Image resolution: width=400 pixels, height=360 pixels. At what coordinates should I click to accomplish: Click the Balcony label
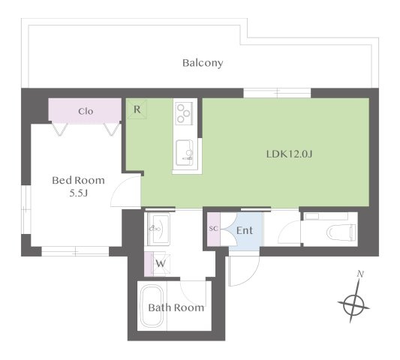(x=203, y=63)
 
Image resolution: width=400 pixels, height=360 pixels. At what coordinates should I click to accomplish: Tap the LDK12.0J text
(x=289, y=154)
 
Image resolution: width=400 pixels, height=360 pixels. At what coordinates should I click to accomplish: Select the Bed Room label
(x=78, y=181)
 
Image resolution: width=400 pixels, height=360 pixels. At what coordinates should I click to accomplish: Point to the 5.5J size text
(x=79, y=193)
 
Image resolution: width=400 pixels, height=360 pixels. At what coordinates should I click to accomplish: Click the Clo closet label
(x=86, y=112)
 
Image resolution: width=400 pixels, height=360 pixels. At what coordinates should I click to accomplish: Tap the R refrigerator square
(x=137, y=109)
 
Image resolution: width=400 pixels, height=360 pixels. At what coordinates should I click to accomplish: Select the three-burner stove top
(x=184, y=113)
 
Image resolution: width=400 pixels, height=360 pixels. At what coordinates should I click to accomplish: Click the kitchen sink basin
(x=185, y=152)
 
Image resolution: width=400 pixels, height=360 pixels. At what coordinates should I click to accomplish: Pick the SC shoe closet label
(x=214, y=229)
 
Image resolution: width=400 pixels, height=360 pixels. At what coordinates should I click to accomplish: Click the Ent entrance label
(x=245, y=230)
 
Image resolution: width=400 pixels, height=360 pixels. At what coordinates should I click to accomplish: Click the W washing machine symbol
(x=161, y=264)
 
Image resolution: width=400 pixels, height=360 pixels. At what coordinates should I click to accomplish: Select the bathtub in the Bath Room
(x=152, y=306)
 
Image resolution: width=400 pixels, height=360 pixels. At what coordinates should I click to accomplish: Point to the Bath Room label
(x=176, y=307)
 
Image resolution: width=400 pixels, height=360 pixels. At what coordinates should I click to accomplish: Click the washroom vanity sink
(x=158, y=229)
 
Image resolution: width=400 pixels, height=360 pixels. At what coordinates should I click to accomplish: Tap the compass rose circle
(x=353, y=305)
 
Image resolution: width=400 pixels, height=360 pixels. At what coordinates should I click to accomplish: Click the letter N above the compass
(x=360, y=274)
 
